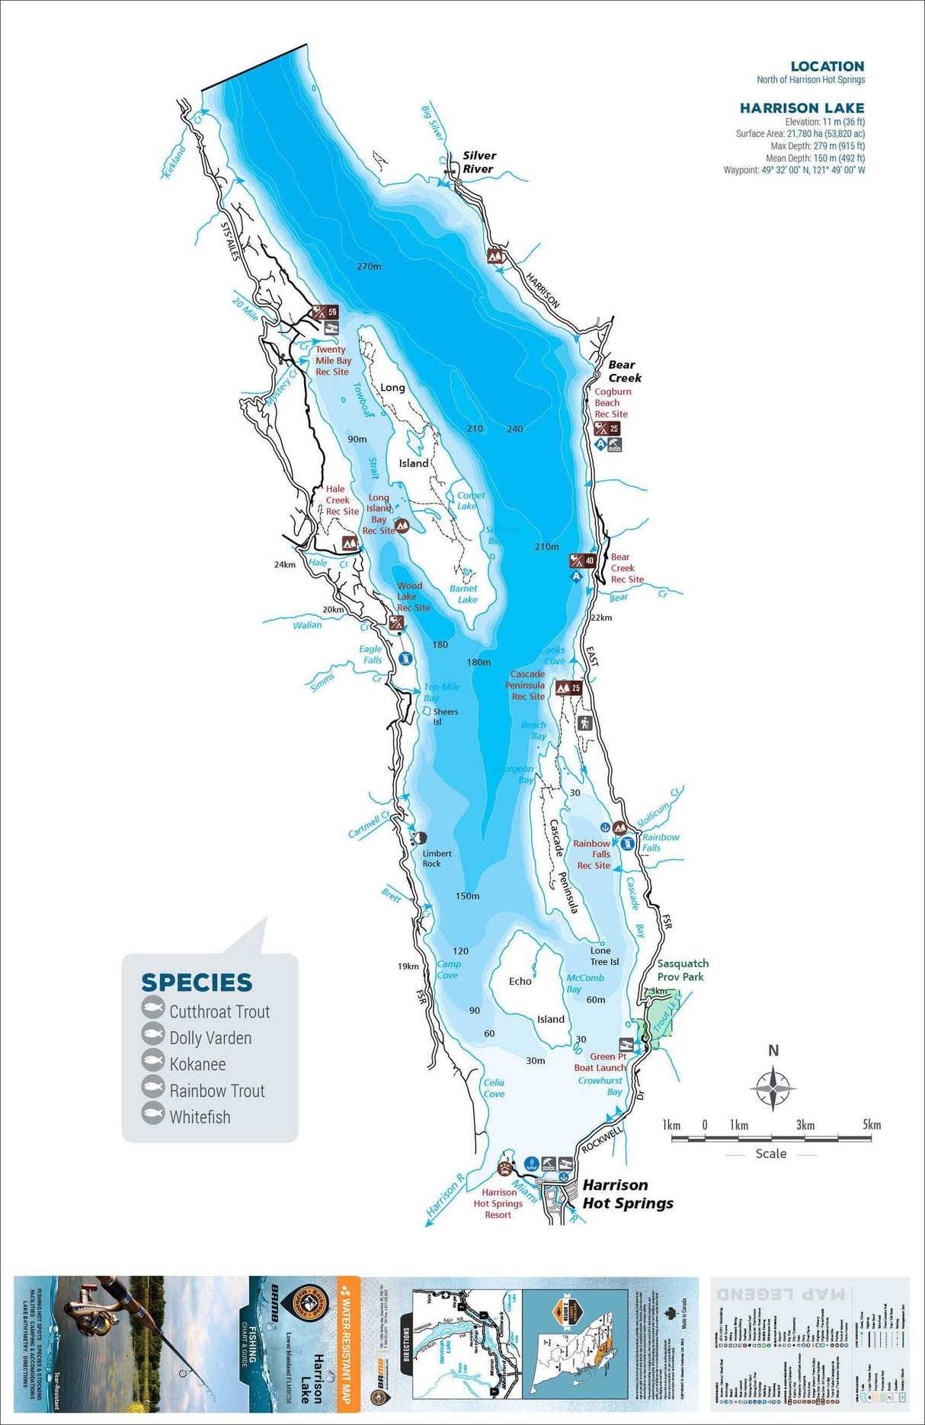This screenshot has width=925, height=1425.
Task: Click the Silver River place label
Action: (x=479, y=162)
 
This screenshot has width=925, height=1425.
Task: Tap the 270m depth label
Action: (x=369, y=267)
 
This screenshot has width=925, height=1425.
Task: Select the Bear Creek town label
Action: (x=624, y=372)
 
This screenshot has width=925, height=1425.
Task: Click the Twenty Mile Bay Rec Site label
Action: (x=333, y=361)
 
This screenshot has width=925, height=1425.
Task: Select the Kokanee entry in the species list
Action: (x=197, y=1064)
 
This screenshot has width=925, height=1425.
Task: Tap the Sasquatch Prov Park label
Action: (x=682, y=970)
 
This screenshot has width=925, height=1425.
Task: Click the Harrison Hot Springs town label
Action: (x=627, y=1194)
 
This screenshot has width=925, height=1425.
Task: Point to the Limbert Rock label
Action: (x=437, y=858)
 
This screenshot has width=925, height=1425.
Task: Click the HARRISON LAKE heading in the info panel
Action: (x=802, y=108)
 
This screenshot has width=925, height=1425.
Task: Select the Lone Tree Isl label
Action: (x=603, y=956)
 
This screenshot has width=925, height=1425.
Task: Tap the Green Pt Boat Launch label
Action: (x=600, y=1062)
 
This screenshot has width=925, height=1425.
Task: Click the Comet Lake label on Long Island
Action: (x=470, y=500)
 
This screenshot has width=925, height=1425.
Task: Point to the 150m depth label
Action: (x=467, y=896)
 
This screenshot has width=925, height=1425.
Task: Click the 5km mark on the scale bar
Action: (x=871, y=1126)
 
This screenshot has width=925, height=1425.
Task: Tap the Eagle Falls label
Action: (x=371, y=654)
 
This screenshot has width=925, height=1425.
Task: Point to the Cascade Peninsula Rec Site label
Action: (x=527, y=685)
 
